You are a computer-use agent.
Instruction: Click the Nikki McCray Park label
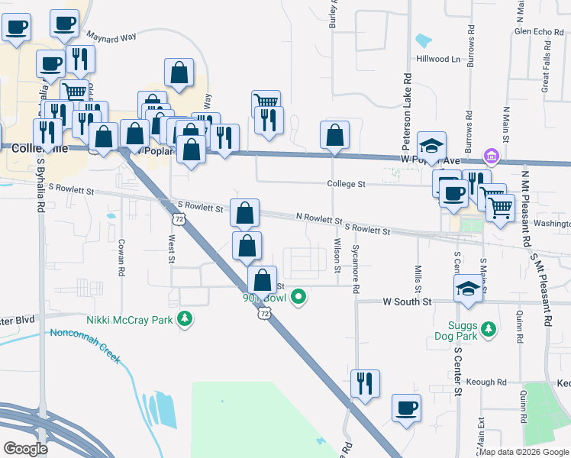coord(129,321)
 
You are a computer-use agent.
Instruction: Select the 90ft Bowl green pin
coord(299,297)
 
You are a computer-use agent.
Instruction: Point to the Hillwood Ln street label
coord(439,59)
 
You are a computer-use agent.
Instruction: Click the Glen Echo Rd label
coord(538,31)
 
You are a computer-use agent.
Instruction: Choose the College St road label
coord(347,184)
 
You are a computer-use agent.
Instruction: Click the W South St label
coord(407,302)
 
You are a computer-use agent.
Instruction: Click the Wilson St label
coord(337,254)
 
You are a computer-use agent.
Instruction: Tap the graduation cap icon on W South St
coord(468,289)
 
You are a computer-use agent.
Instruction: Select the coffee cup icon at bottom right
coord(406,407)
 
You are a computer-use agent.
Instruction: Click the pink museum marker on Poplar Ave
coord(492,158)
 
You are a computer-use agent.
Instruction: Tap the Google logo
coord(26,449)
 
